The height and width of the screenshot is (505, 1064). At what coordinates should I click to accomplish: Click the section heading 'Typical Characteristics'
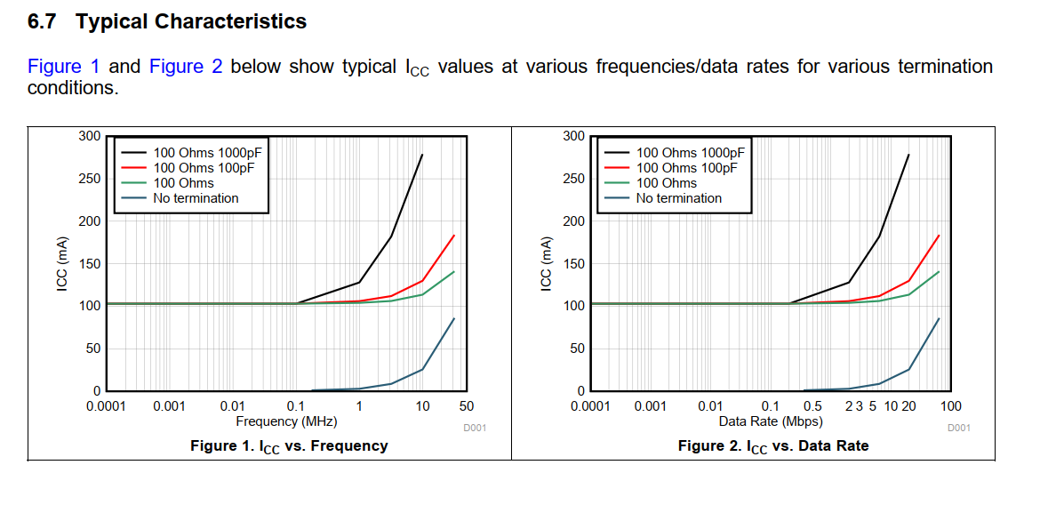click(191, 22)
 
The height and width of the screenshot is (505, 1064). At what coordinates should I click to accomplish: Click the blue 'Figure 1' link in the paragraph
click(64, 67)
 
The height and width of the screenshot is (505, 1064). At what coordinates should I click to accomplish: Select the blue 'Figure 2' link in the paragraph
click(186, 67)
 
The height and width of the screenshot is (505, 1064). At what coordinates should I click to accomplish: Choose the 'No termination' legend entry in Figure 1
click(196, 198)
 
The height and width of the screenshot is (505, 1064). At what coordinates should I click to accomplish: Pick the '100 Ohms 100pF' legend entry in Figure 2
click(686, 168)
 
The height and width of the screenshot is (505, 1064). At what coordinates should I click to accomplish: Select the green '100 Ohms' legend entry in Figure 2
click(666, 183)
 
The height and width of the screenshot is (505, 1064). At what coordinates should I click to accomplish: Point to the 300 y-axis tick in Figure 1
click(89, 136)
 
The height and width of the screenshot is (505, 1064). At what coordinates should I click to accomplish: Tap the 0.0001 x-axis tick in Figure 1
click(106, 406)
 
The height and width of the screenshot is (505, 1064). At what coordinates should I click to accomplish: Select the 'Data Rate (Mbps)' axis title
click(770, 421)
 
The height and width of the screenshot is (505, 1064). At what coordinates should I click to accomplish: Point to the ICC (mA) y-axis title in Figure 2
click(548, 264)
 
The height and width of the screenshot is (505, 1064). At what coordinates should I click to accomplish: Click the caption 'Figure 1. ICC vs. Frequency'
click(289, 445)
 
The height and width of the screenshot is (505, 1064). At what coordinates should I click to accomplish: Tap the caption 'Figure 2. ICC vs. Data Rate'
click(772, 445)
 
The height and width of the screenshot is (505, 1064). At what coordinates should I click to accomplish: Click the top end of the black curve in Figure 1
click(422, 155)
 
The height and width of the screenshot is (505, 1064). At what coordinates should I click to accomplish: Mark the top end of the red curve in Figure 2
click(939, 236)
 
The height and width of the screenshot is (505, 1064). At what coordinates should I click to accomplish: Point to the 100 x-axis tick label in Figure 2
click(950, 406)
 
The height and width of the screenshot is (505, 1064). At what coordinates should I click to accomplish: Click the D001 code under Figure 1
click(475, 428)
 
